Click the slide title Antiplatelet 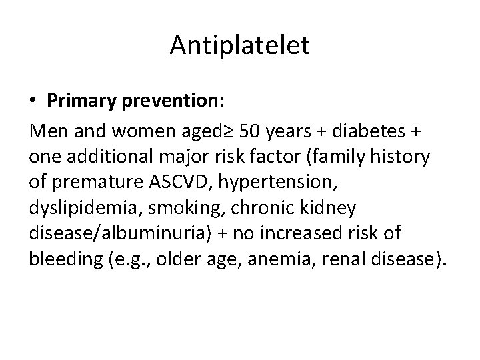click(x=239, y=45)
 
